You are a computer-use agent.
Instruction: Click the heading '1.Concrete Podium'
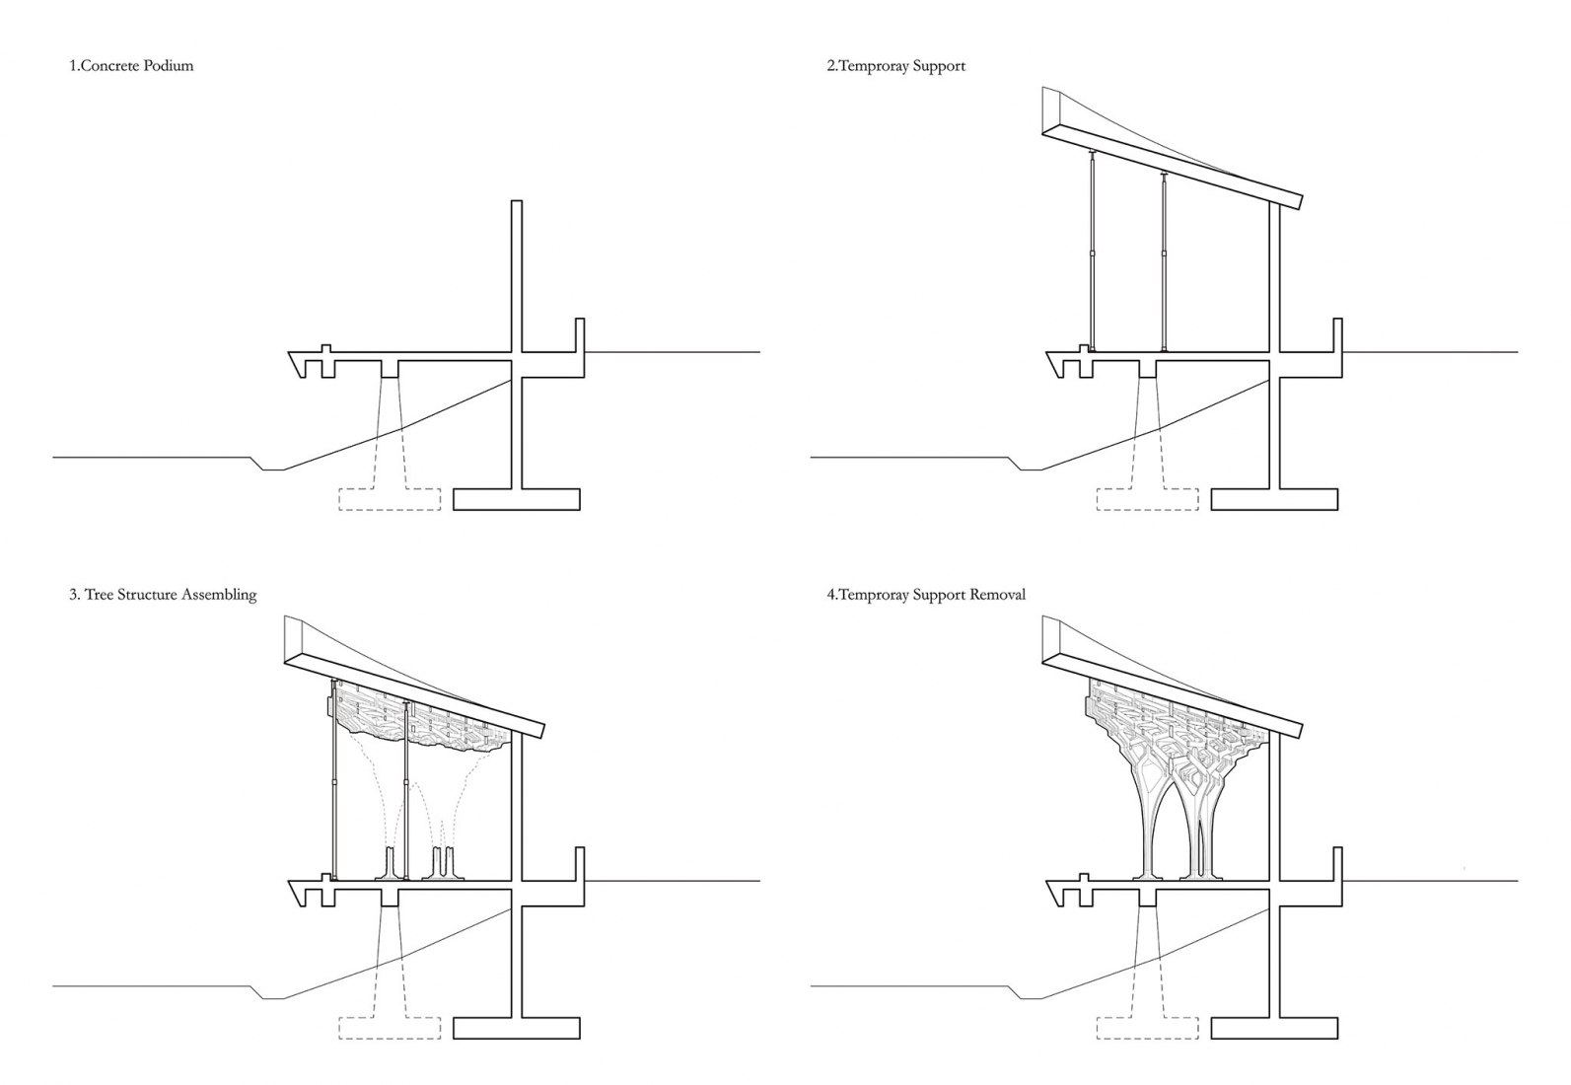131,66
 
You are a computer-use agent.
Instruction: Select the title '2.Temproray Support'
895,66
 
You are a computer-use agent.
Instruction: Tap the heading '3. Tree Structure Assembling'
163,594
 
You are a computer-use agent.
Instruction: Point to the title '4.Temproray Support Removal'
926,594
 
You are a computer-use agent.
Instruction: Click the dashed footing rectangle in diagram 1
390,499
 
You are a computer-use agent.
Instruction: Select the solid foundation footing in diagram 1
517,499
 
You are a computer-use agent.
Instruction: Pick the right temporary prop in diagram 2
1164,261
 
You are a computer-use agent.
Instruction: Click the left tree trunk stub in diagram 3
392,864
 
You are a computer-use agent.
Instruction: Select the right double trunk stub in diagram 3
443,864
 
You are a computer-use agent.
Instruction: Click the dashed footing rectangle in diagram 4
1147,1028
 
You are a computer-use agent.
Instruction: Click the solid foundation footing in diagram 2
1274,499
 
